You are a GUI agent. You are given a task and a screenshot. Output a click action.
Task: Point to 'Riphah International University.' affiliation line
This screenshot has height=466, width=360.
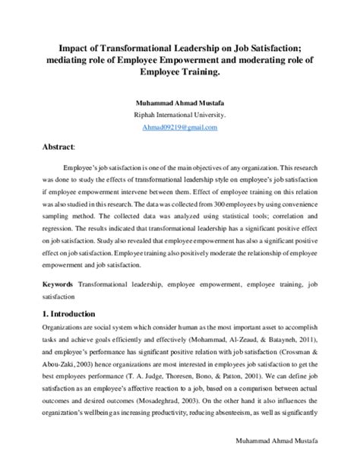(x=180, y=116)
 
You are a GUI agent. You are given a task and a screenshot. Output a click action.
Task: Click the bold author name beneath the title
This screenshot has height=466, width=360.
(x=180, y=105)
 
